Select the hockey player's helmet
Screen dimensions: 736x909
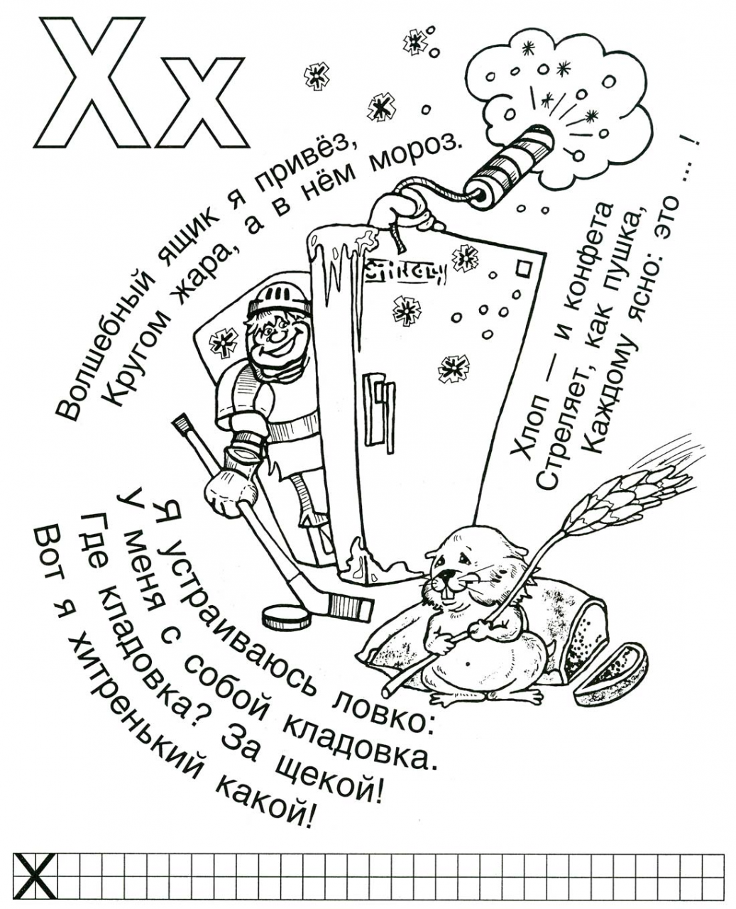pyautogui.click(x=278, y=300)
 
